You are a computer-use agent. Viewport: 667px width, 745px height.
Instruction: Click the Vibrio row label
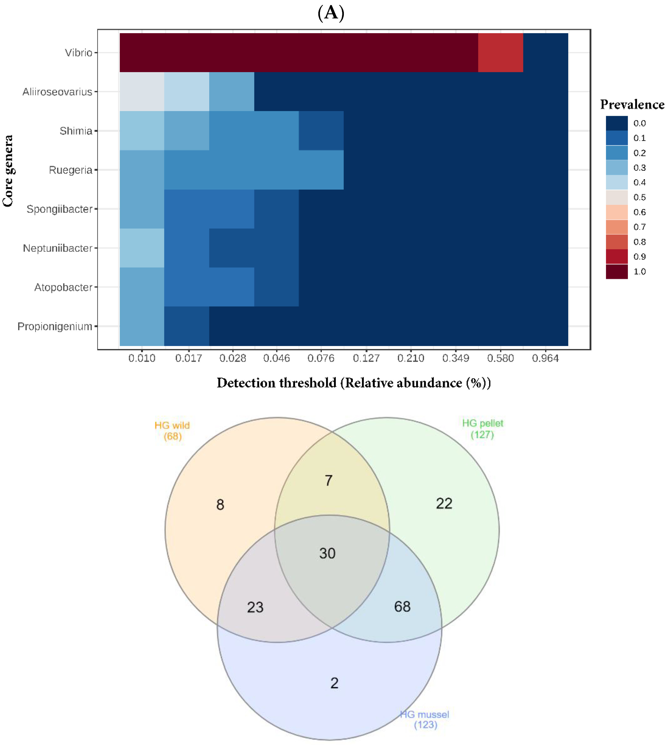pyautogui.click(x=78, y=53)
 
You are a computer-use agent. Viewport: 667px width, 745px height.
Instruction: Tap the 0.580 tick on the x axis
pyautogui.click(x=500, y=358)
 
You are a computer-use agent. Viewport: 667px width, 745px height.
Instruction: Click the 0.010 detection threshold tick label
pyautogui.click(x=142, y=358)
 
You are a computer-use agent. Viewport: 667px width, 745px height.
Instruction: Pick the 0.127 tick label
pyautogui.click(x=366, y=358)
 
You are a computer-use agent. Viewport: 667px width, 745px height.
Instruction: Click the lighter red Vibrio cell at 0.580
pyautogui.click(x=500, y=53)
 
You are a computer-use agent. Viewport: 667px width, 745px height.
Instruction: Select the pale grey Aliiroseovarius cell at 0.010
pyautogui.click(x=142, y=92)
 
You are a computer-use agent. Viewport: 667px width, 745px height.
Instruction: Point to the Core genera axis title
pyautogui.click(x=8, y=171)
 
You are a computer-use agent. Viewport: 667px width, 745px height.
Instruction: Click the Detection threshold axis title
pyautogui.click(x=354, y=383)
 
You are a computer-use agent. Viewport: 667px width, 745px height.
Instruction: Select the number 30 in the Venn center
pyautogui.click(x=327, y=553)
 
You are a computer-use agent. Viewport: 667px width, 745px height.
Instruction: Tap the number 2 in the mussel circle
pyautogui.click(x=334, y=683)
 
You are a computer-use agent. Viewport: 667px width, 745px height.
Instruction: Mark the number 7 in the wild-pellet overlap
pyautogui.click(x=328, y=481)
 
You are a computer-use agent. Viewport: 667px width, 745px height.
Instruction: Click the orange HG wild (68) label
pyautogui.click(x=172, y=431)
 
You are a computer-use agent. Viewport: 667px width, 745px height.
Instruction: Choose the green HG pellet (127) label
pyautogui.click(x=482, y=429)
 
